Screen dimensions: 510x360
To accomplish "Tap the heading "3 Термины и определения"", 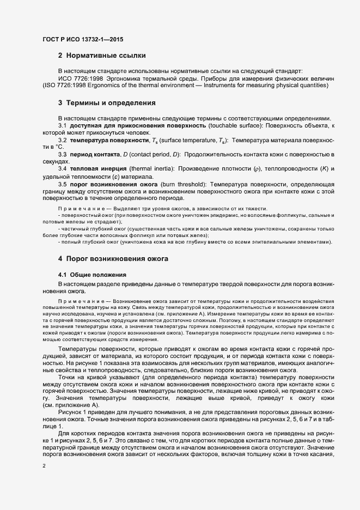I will pyautogui.click(x=107, y=103).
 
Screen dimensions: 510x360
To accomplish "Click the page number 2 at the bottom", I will pyautogui.click(x=44, y=466).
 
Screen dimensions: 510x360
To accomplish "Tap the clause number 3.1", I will pyautogui.click(x=62, y=126).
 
